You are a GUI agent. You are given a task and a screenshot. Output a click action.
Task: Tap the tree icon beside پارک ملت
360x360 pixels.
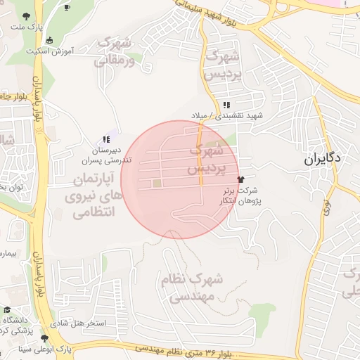[26, 15]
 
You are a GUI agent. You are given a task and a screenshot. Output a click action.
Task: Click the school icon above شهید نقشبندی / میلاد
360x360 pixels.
[226, 105]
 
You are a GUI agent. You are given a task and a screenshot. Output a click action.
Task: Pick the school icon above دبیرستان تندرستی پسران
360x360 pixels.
[105, 140]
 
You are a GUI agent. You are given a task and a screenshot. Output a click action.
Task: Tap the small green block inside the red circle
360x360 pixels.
[156, 184]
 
